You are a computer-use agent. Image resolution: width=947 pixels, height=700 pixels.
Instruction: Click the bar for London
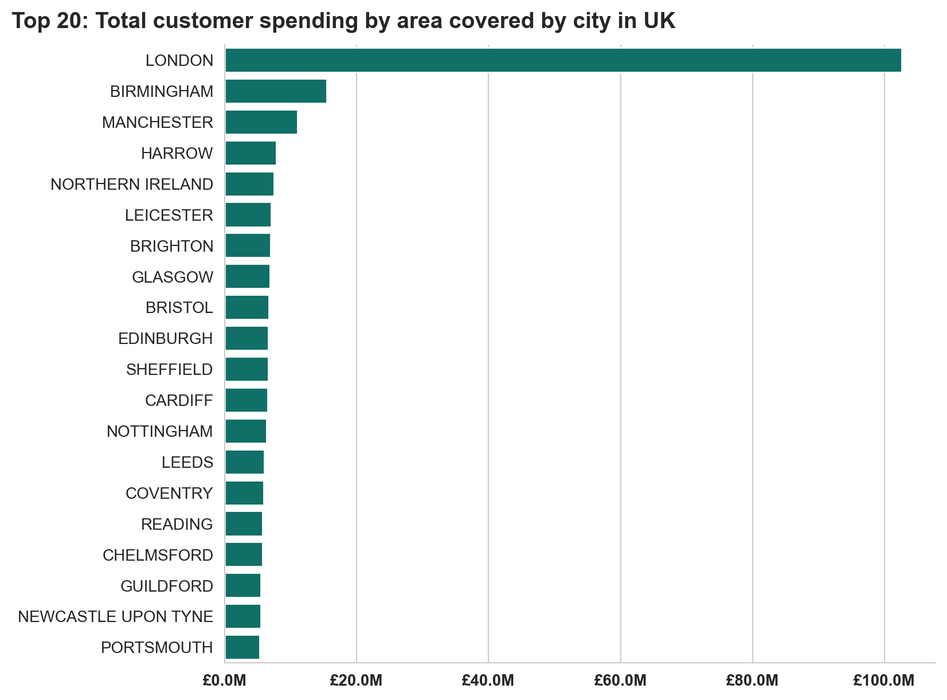pos(563,60)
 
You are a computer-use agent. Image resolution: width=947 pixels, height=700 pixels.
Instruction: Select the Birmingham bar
pos(276,91)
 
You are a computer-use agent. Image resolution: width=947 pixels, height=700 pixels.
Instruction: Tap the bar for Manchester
pos(261,122)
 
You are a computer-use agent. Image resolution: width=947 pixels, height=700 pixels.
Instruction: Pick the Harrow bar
pos(251,153)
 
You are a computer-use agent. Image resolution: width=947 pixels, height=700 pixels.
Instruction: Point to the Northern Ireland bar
pos(249,184)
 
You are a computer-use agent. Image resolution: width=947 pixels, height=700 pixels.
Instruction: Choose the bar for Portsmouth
pos(242,647)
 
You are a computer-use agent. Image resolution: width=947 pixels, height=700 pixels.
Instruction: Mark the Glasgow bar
pos(247,277)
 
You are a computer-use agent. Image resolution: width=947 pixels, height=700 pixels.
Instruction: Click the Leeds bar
pos(244,462)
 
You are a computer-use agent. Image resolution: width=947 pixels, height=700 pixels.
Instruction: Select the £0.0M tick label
pos(225,681)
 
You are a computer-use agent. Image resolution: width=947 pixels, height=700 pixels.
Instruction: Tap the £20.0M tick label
pos(356,681)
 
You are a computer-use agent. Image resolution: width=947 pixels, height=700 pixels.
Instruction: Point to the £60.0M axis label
pos(620,681)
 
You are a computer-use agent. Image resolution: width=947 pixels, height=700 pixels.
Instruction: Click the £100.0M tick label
pos(883,681)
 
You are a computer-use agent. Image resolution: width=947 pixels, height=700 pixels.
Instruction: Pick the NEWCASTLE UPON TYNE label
pos(116,616)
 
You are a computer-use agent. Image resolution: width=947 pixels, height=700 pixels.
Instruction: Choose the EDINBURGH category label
pos(166,338)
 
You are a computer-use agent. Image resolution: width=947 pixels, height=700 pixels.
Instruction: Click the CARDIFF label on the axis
pos(179,400)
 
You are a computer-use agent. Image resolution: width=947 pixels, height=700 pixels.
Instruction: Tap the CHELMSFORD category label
pos(158,555)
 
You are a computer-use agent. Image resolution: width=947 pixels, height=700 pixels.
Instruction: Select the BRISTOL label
pos(179,308)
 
